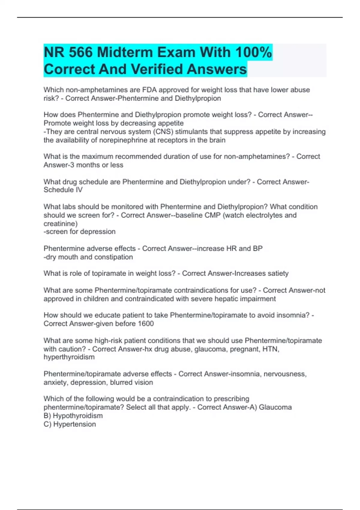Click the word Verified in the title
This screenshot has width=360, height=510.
pyautogui.click(x=157, y=69)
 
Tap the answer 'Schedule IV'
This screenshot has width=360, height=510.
pyautogui.click(x=63, y=190)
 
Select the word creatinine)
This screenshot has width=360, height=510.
pyautogui.click(x=61, y=223)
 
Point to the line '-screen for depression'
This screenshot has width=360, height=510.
pyautogui.click(x=79, y=232)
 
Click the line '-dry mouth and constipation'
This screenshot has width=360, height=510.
pyautogui.click(x=88, y=257)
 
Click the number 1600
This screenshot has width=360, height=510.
pyautogui.click(x=146, y=324)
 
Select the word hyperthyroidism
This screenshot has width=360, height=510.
pyautogui.click(x=69, y=357)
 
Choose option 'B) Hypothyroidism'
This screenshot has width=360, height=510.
pyautogui.click(x=73, y=416)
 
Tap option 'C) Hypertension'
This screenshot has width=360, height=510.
pyautogui.click(x=70, y=424)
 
